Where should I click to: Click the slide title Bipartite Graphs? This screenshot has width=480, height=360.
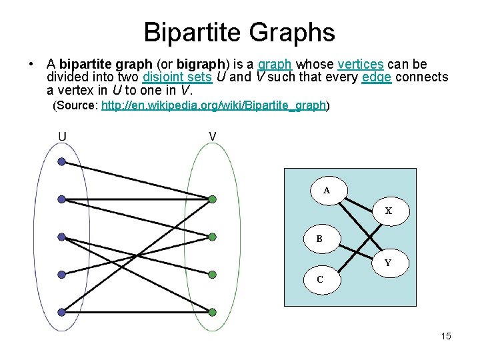tap(239, 31)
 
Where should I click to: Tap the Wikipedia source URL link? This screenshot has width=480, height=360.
tap(213, 105)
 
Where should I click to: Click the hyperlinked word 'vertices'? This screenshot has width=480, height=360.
tap(360, 65)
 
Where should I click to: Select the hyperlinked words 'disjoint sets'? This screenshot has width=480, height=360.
tap(177, 77)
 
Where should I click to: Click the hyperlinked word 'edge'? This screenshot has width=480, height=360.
tap(376, 77)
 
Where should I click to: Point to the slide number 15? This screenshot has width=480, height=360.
tap(446, 336)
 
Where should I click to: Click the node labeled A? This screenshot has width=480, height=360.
tap(327, 191)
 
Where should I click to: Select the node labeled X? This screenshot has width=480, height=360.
tap(388, 211)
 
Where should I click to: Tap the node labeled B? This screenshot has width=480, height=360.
tap(320, 239)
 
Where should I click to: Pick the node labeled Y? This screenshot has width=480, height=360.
tap(387, 263)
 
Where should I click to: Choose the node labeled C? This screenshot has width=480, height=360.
tap(320, 280)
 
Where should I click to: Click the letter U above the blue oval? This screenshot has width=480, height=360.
tap(62, 137)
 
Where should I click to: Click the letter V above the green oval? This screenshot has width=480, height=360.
tap(212, 137)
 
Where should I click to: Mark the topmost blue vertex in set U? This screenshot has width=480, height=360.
tap(61, 161)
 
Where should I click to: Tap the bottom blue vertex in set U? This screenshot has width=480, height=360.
tap(61, 311)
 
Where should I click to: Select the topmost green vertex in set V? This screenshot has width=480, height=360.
tap(212, 199)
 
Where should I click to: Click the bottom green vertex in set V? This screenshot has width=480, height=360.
tap(212, 311)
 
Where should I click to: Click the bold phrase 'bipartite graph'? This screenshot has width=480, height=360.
tap(97, 65)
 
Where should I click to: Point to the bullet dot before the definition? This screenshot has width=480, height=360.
tap(31, 65)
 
